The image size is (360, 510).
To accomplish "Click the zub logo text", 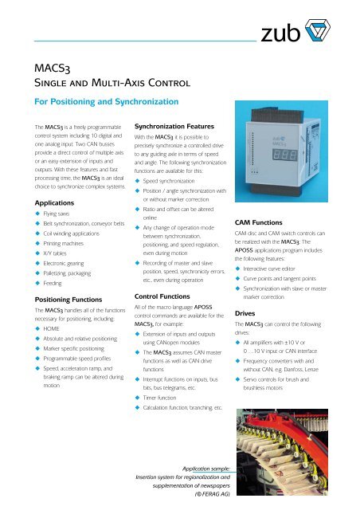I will coord(284,33).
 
